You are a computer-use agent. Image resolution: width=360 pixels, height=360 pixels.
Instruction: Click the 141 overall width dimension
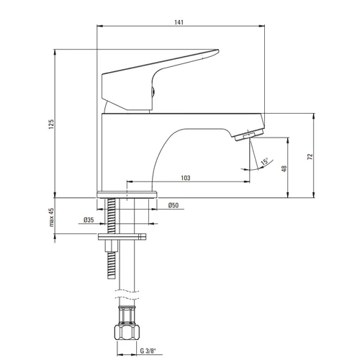click(x=179, y=22)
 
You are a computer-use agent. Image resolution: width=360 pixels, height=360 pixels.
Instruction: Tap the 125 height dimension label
click(x=51, y=125)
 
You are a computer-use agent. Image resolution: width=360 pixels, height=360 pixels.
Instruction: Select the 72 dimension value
click(x=310, y=157)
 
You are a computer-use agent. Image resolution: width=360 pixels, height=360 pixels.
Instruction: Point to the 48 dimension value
click(x=284, y=168)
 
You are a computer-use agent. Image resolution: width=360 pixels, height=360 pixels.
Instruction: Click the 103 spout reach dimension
click(x=186, y=178)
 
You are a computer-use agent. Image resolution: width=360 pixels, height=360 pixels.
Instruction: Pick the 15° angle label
click(x=264, y=161)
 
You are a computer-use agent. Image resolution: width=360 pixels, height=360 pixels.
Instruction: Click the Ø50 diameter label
click(x=174, y=205)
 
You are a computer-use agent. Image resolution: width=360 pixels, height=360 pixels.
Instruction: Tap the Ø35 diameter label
click(x=89, y=220)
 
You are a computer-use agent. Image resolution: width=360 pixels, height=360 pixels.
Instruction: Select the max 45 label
click(x=51, y=217)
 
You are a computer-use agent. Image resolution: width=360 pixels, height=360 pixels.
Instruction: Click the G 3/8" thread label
click(x=148, y=351)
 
